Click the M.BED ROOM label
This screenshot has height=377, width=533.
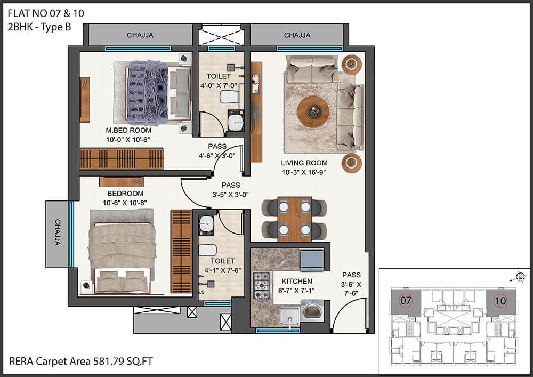128,130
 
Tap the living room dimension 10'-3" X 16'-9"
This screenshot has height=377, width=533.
304,172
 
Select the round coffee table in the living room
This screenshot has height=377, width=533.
313,111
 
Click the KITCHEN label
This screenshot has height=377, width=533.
297,282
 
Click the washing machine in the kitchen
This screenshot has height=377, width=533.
312,310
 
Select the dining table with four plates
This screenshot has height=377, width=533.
294,219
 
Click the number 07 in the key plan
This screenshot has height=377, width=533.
406,301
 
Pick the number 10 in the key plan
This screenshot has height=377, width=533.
500,301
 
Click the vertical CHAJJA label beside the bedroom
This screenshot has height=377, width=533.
58,232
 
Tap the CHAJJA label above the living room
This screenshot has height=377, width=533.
297,35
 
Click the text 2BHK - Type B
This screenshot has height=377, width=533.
39,27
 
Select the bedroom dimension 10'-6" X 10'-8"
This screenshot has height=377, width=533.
125,203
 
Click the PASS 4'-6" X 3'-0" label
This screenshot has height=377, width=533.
217,151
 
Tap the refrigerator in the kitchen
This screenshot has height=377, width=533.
312,260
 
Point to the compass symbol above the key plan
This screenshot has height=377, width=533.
519,277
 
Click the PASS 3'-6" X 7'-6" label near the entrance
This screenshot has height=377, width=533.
351,284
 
